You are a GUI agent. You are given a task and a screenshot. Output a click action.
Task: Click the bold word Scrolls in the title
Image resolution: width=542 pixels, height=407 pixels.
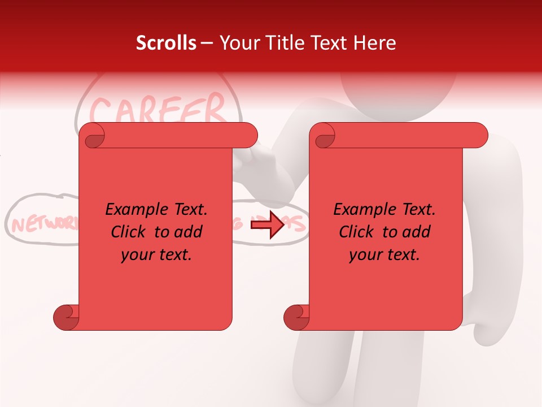pos(166,43)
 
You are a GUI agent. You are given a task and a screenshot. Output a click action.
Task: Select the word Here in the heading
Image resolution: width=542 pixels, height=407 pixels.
pos(375,43)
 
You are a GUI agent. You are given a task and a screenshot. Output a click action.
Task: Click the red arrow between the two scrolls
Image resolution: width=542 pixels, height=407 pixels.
pos(267,226)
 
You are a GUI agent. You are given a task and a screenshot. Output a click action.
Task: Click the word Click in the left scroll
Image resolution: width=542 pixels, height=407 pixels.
pos(129,232)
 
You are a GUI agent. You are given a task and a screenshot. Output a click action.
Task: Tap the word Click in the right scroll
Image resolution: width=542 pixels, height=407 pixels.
pos(357,232)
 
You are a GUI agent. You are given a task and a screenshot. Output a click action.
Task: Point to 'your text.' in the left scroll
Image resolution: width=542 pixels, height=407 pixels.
pos(156,255)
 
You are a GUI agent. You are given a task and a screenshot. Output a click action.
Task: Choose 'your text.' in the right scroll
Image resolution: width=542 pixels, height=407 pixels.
pos(384,255)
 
